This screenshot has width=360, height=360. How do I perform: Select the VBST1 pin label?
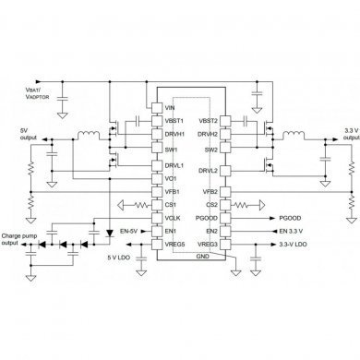tap(174, 121)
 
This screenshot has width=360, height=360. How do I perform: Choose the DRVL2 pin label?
tap(208, 170)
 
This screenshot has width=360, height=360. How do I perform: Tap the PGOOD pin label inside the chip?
tap(207, 218)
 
